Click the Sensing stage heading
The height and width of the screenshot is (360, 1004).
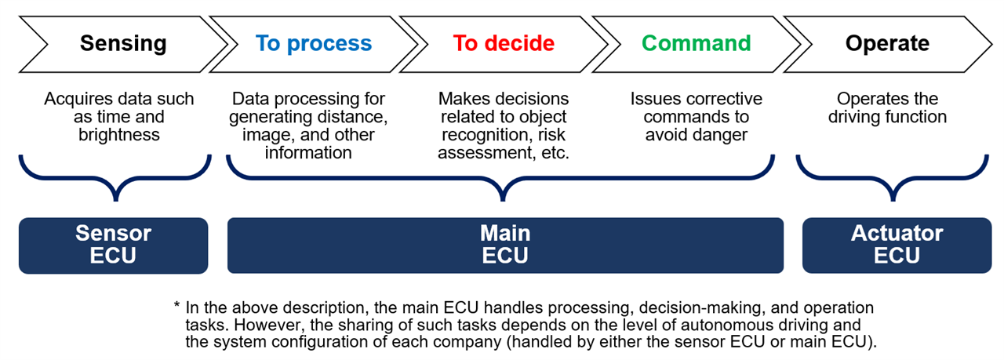(x=123, y=42)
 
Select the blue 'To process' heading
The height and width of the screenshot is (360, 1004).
(x=314, y=42)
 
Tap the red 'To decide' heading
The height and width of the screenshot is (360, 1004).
(x=504, y=42)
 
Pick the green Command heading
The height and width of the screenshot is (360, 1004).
(x=697, y=42)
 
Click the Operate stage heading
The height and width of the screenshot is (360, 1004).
(x=887, y=42)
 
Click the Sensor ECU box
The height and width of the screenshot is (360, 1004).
(x=113, y=245)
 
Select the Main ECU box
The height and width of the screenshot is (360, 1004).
(x=505, y=245)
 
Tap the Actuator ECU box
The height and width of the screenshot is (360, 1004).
(x=897, y=245)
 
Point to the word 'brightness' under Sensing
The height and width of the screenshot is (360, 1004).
(x=119, y=135)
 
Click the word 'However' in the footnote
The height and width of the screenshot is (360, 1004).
(x=249, y=325)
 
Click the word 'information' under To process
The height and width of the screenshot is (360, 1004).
(x=308, y=152)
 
